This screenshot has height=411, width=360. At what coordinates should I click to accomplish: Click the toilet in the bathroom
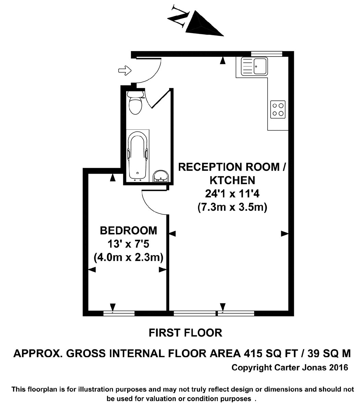[x=135, y=103]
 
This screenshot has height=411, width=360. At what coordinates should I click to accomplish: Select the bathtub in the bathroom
[x=138, y=155]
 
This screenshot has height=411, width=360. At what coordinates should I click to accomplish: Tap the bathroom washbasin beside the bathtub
[x=161, y=176]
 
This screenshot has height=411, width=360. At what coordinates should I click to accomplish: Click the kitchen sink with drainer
[x=255, y=66]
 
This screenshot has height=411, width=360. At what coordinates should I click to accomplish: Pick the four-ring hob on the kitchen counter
[x=278, y=110]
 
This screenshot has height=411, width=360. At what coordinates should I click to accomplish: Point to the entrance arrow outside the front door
[x=125, y=71]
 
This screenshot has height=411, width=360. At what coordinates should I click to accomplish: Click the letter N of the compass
[x=178, y=16]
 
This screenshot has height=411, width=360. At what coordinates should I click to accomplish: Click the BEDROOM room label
[x=128, y=231]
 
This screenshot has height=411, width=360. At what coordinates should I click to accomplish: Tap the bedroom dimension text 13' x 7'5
[x=128, y=244]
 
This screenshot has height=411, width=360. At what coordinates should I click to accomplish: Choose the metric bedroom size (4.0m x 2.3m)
[x=128, y=257]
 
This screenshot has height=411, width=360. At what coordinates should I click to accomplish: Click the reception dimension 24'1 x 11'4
[x=232, y=194]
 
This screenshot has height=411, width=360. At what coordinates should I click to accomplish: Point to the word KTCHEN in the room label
[x=233, y=180]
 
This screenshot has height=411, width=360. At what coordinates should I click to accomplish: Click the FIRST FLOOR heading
[x=185, y=333]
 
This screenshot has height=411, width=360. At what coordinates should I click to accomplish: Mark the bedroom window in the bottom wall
[x=119, y=313]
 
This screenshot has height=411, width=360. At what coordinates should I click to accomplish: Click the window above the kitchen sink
[x=266, y=54]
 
